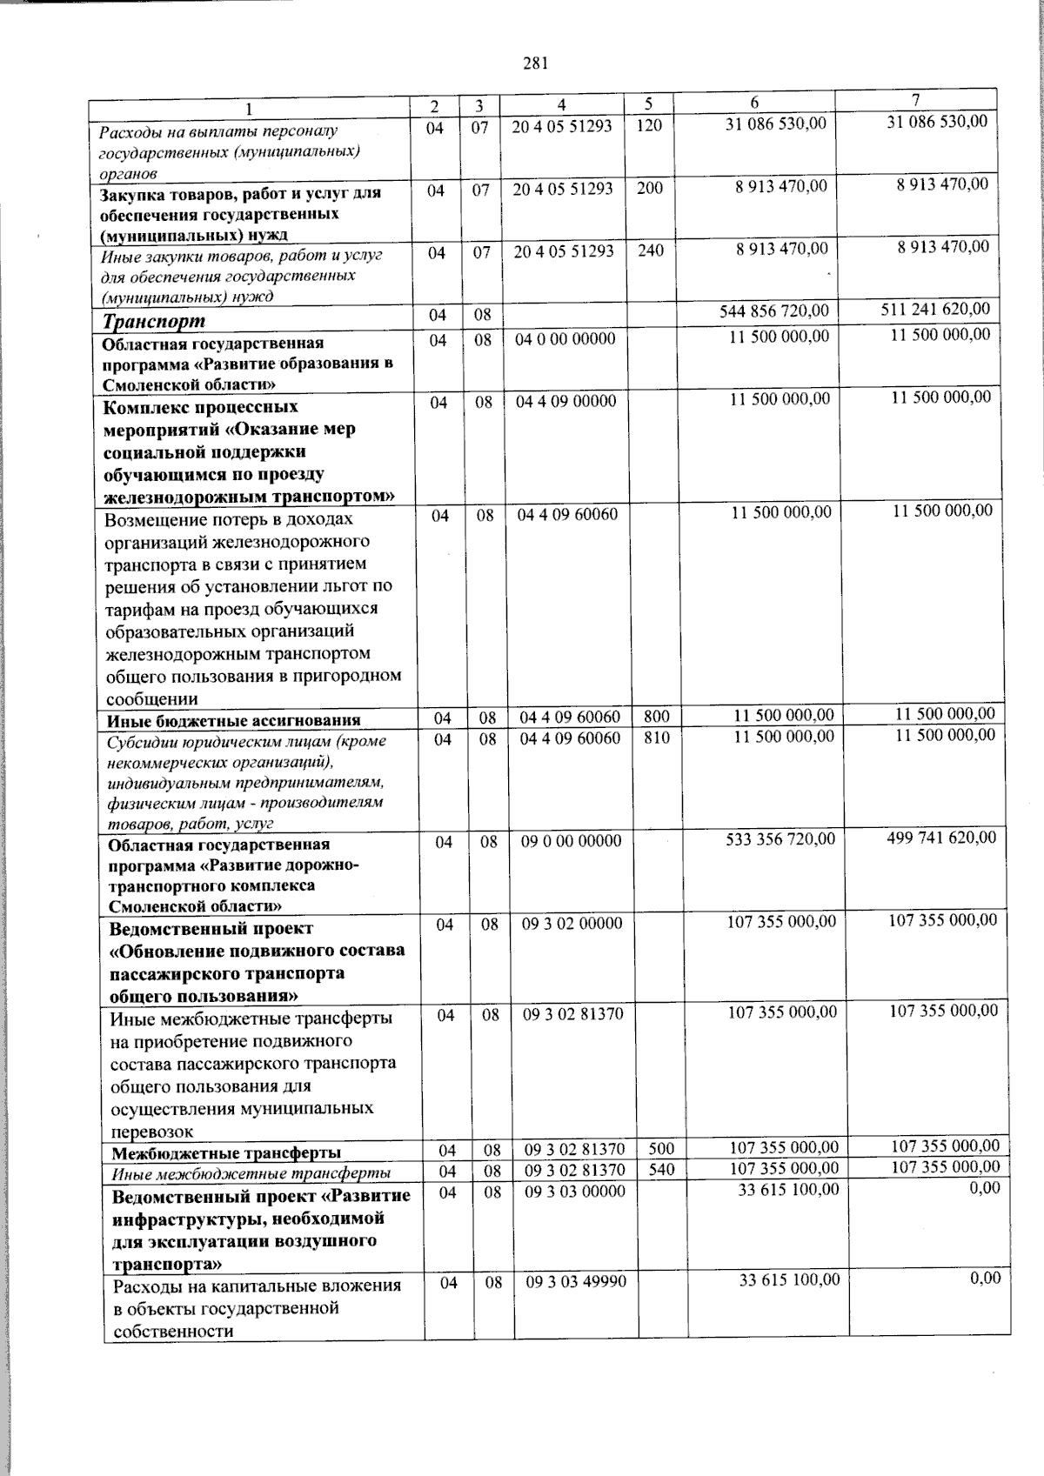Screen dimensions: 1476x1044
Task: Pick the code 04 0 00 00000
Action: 565,339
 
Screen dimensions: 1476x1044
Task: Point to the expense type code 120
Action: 649,126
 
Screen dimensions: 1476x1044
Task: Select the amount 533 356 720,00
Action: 780,839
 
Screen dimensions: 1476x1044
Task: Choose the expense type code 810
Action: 657,738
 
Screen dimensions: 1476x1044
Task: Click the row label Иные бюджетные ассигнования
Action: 233,720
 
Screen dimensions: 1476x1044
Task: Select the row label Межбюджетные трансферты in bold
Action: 226,1153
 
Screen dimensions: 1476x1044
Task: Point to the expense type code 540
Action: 661,1171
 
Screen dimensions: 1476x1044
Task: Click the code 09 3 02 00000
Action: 572,925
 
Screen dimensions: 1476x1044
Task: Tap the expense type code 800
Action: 657,718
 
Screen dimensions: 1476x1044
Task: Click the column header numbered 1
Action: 250,108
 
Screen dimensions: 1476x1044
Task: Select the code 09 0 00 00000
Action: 571,841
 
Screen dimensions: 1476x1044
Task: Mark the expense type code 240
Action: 650,251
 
